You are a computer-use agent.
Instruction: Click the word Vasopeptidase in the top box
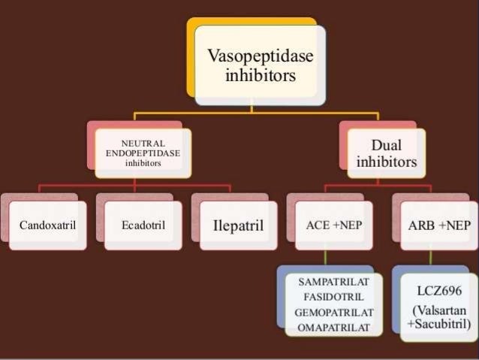pyautogui.click(x=261, y=57)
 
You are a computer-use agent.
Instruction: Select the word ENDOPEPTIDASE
pyautogui.click(x=143, y=152)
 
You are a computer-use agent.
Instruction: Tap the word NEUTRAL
pyautogui.click(x=143, y=143)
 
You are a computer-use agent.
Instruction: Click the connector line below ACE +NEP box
pyautogui.click(x=325, y=258)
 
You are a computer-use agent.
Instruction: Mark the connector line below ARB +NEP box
pyautogui.click(x=430, y=258)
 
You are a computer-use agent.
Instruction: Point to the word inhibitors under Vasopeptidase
pyautogui.click(x=261, y=75)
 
